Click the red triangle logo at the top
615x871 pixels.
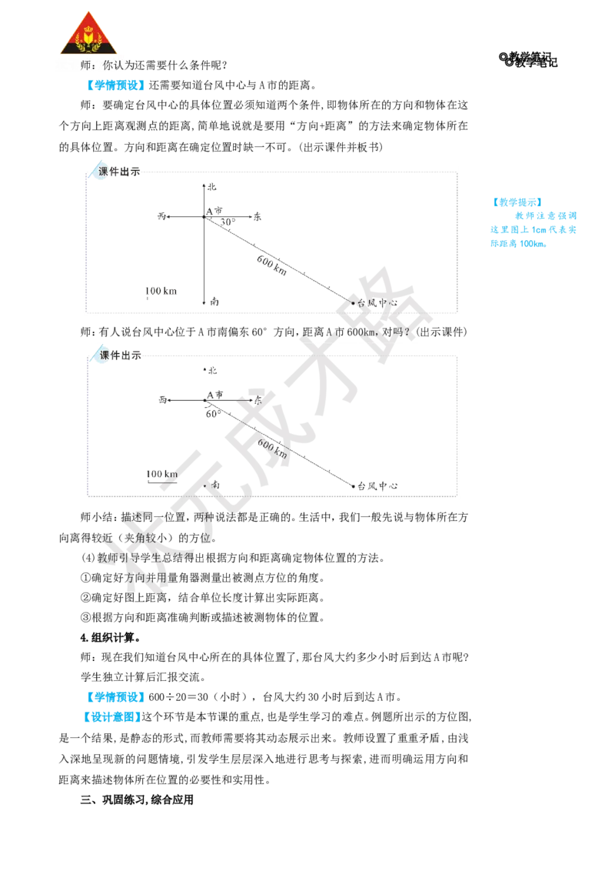pos(88,33)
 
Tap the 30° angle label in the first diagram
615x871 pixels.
pos(228,222)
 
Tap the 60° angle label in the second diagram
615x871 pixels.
pos(213,414)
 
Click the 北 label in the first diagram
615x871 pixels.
pos(212,187)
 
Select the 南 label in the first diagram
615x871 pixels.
pos(214,302)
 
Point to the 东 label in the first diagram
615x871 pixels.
pos(257,217)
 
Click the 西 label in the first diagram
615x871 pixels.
pos(161,216)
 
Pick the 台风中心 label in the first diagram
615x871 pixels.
pos(377,302)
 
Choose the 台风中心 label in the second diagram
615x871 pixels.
pos(377,486)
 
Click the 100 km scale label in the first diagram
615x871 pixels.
pos(161,291)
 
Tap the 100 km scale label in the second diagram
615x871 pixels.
pos(162,475)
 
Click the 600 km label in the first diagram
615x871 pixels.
pos(272,265)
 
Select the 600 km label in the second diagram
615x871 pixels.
pos(273,449)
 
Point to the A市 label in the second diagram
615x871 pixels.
pos(214,395)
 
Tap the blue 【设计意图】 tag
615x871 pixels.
pos(111,717)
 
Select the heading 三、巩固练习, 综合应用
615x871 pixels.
pos(137,800)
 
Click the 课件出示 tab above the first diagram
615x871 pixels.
pos(119,172)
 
